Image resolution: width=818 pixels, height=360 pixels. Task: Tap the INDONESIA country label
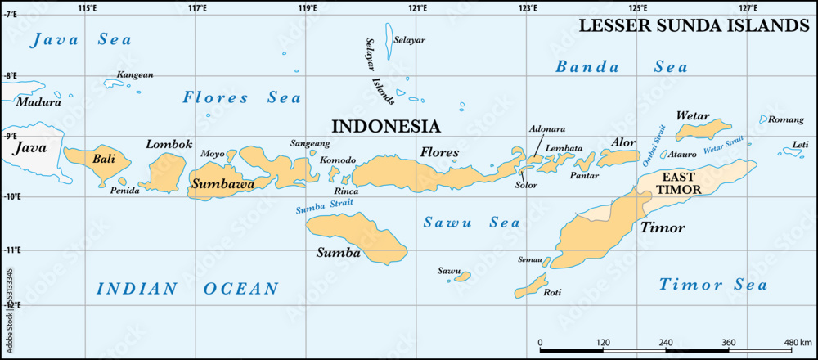coord(385,126)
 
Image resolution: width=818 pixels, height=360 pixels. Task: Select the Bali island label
coord(104,159)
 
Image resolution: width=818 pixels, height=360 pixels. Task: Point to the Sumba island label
coord(338,253)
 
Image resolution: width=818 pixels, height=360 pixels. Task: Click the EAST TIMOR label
coord(681,183)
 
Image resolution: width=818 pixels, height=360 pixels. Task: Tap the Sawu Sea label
coord(461,223)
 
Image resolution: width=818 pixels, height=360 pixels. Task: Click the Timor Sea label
coord(713,285)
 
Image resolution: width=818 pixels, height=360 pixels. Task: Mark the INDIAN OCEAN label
coord(187,288)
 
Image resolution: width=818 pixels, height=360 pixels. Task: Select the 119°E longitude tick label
coord(307,8)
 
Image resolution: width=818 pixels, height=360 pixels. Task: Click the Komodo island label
coord(337,160)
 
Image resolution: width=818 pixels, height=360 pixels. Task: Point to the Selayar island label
coord(409,38)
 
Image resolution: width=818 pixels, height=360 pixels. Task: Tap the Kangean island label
coord(135,74)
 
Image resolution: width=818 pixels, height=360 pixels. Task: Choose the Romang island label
coord(787,119)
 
